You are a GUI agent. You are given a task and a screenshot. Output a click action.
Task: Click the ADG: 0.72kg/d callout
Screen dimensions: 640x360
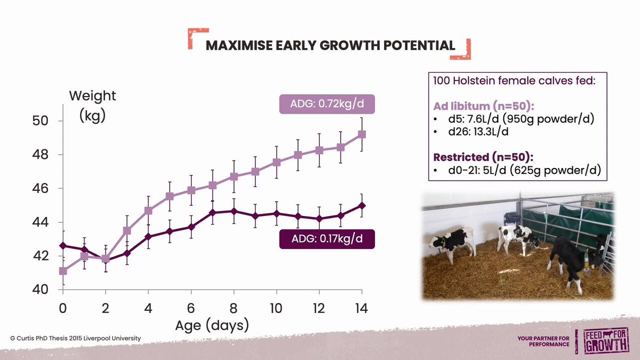click(327, 104)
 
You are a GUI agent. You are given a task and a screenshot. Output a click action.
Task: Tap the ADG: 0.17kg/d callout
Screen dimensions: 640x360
click(327, 239)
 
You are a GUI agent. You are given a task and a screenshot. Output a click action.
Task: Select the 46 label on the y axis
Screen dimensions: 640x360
click(41, 189)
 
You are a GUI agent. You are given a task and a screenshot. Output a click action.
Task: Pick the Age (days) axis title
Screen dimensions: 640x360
click(212, 326)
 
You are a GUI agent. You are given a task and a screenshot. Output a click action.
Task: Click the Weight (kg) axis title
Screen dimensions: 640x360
click(93, 106)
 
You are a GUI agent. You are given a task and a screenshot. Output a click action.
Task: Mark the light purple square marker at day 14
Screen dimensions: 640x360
click(362, 134)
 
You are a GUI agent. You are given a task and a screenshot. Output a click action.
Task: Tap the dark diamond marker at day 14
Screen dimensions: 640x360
click(362, 206)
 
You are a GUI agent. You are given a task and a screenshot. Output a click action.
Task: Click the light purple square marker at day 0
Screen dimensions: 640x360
click(63, 271)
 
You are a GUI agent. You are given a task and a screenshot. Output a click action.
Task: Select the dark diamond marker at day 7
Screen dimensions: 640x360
click(212, 213)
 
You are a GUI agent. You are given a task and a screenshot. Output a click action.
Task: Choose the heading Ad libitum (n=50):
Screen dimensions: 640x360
click(483, 106)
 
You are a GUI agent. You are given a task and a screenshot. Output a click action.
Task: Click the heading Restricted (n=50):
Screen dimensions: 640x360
click(483, 157)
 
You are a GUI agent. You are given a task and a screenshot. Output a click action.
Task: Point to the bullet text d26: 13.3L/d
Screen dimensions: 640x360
click(478, 132)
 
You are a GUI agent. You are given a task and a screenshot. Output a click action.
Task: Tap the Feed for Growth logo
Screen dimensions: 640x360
click(606, 341)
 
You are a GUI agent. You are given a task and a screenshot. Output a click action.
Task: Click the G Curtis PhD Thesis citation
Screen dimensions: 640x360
click(75, 338)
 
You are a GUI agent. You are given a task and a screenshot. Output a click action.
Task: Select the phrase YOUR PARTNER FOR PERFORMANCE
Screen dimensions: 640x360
click(543, 341)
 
